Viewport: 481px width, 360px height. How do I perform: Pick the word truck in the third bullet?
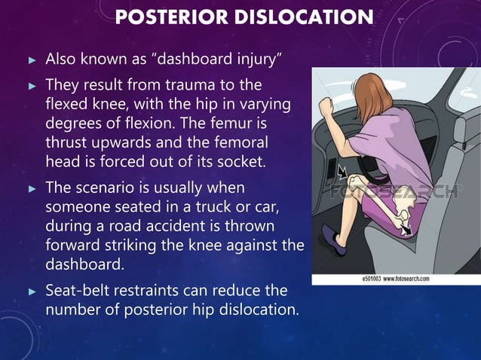(207, 206)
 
